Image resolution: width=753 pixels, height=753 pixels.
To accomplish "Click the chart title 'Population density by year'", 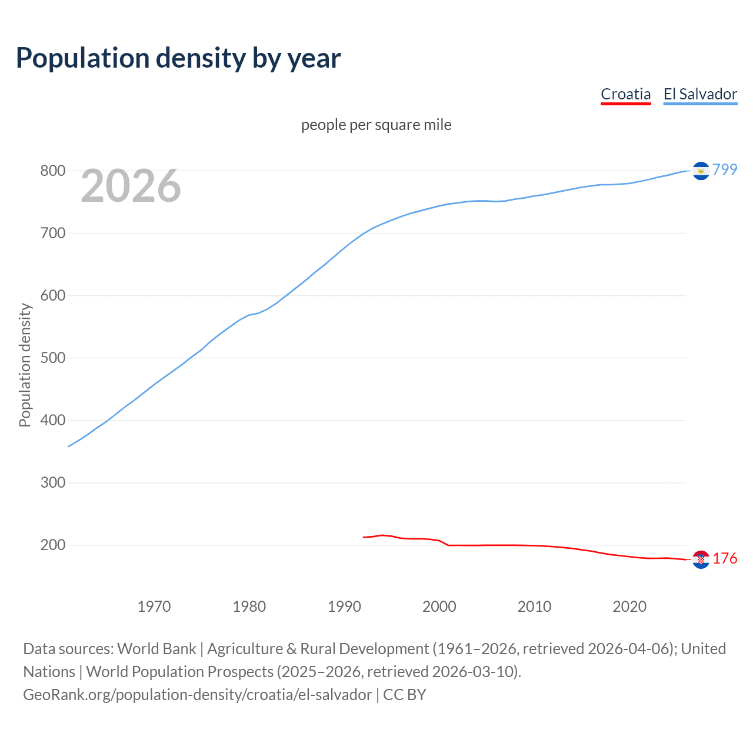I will [x=178, y=58].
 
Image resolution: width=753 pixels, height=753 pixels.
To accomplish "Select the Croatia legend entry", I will [x=625, y=94].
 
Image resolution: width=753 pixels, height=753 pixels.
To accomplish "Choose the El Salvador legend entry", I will [x=700, y=94].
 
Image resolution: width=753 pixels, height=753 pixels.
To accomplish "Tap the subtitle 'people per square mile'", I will [x=376, y=125].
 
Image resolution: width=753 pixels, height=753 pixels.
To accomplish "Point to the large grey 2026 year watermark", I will [x=131, y=186].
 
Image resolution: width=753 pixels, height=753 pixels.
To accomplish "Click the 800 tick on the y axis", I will [x=52, y=171].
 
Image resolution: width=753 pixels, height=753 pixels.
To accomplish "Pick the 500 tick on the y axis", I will [x=52, y=358].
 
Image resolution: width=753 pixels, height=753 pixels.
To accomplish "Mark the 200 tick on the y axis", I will [x=52, y=545].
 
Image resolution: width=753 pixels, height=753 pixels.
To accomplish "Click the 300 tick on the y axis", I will [x=52, y=482].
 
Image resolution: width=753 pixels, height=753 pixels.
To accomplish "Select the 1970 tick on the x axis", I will [x=154, y=606].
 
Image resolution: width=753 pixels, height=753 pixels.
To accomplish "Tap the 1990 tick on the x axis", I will [x=344, y=606].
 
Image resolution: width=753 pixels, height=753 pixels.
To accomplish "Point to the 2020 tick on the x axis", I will [x=629, y=606].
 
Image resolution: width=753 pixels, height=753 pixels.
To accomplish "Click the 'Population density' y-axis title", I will [x=25, y=365].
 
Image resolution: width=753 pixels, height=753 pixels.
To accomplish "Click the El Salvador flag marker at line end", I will [x=701, y=171].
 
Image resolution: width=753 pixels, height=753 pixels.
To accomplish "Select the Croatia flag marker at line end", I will [x=701, y=559].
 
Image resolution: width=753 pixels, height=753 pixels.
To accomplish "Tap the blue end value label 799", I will [x=725, y=169].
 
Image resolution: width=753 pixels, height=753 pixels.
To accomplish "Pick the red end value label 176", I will [x=725, y=558].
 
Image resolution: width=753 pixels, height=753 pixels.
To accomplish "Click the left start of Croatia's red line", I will [x=364, y=537].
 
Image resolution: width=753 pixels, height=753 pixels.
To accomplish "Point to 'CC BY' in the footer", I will [x=405, y=694].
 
